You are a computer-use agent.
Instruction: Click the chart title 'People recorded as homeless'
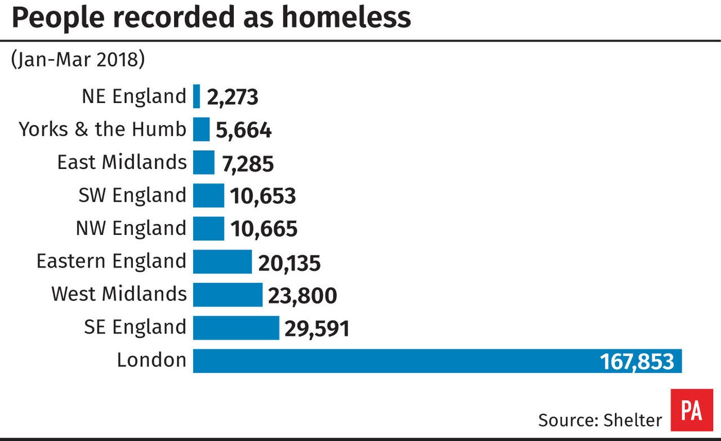click(x=211, y=18)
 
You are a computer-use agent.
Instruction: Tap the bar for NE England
click(x=197, y=96)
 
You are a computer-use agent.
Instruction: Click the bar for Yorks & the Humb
click(x=201, y=130)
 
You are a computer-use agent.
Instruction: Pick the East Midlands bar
click(x=203, y=162)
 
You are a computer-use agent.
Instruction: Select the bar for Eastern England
click(x=222, y=261)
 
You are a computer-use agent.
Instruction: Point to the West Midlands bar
click(x=228, y=295)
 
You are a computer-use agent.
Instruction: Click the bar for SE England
click(x=236, y=328)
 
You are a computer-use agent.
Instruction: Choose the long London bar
click(x=394, y=360)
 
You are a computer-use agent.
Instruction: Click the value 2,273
click(x=232, y=97)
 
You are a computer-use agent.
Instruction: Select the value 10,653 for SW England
click(x=262, y=197)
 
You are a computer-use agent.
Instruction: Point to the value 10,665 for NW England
click(x=263, y=229)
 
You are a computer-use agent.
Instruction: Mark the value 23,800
click(x=302, y=296)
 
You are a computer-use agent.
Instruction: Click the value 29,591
click(x=317, y=329)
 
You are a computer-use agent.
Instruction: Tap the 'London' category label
click(x=151, y=360)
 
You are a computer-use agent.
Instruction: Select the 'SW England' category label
click(x=132, y=195)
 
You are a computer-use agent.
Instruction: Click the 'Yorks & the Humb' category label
click(x=102, y=130)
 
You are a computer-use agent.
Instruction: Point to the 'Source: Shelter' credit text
click(x=600, y=420)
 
